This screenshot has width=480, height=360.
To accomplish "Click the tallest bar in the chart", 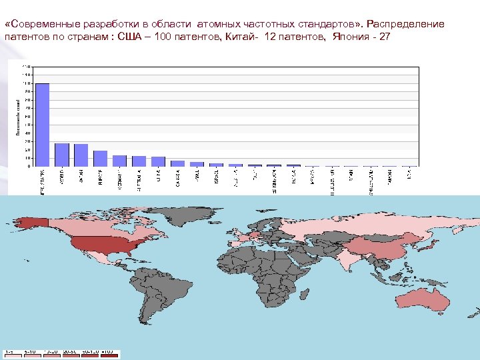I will [43, 125].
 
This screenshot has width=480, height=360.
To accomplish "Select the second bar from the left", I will [62, 155].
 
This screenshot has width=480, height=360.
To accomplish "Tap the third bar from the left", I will [81, 155].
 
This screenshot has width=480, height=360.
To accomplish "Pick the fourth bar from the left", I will [101, 159].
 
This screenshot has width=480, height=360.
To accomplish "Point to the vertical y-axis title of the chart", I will [18, 116].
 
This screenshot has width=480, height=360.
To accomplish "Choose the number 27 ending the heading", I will [385, 36].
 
